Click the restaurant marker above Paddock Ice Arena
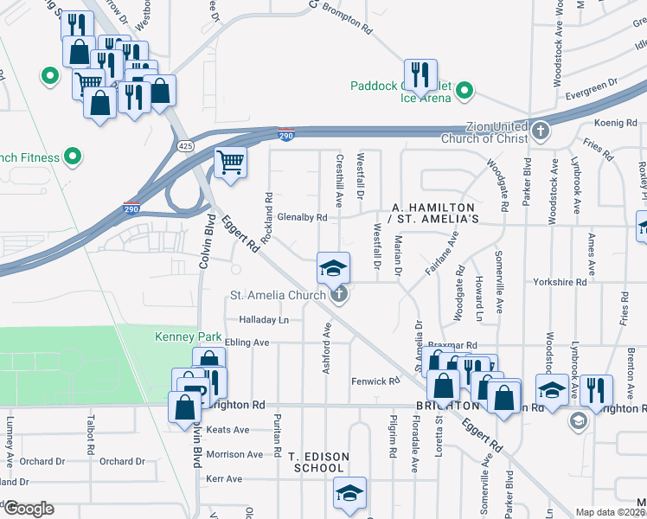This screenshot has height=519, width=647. coord(420,75)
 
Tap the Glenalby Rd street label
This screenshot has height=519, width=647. coord(301,218)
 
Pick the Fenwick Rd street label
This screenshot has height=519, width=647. coord(375,381)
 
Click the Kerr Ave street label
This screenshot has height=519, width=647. coord(223,478)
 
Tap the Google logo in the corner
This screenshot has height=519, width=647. coord(28,509)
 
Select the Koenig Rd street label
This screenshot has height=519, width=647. coord(615,124)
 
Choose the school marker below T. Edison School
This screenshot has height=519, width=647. coord(349,494)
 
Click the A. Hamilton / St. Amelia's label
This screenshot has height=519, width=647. coord(434,214)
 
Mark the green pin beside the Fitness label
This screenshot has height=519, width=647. coord(74,157)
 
